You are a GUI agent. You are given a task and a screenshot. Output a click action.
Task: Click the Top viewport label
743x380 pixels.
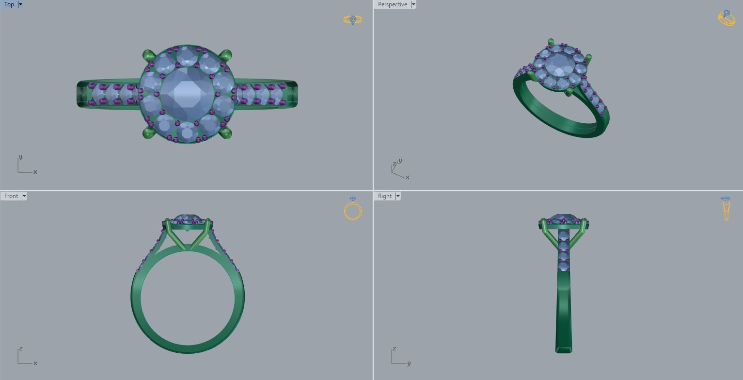click(9, 4)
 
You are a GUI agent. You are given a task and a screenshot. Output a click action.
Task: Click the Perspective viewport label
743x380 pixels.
click(392, 4)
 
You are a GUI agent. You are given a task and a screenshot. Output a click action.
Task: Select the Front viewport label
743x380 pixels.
click(11, 196)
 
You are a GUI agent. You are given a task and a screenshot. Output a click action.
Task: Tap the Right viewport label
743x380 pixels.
click(384, 196)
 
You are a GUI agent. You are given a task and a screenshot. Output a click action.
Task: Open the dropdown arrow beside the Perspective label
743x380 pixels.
click(413, 4)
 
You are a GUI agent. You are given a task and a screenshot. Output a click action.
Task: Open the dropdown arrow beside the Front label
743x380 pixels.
click(24, 196)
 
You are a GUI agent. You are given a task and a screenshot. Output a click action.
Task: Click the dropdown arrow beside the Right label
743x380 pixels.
click(398, 196)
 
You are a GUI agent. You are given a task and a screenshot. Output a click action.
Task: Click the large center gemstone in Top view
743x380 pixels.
click(187, 92)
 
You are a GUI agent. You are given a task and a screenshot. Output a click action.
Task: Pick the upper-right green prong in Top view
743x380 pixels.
click(226, 55)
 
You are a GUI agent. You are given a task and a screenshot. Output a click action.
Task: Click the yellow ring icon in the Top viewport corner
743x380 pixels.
click(352, 20)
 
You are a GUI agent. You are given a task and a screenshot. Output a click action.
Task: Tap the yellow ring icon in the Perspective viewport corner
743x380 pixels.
click(726, 18)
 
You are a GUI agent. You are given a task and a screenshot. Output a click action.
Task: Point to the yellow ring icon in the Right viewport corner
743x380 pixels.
click(726, 208)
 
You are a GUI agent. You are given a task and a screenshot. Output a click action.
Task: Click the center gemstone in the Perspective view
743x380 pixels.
click(559, 64)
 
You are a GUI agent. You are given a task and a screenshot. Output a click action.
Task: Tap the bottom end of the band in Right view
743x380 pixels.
click(563, 349)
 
